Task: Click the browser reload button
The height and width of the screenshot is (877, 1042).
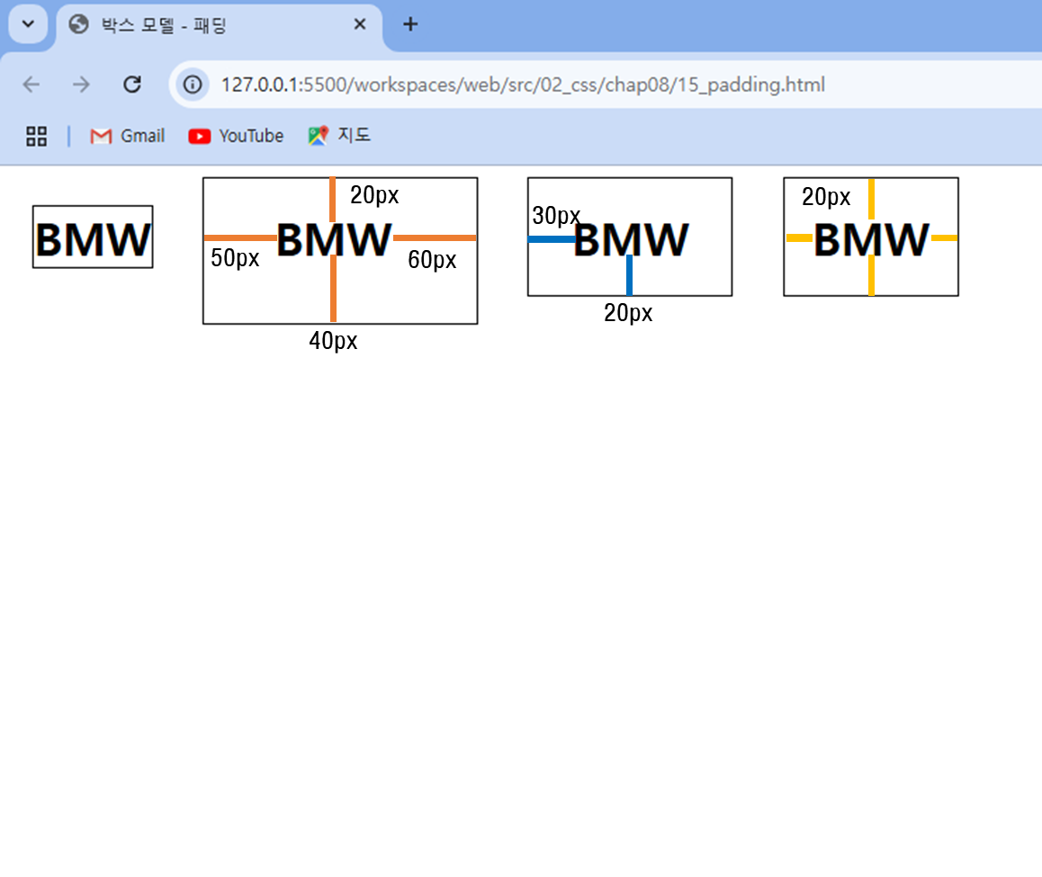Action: pos(132,85)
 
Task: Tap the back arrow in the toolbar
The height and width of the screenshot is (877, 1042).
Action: pos(31,85)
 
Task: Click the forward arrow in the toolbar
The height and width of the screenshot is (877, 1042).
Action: pos(81,85)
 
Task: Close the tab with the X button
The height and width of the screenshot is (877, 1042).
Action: pos(360,24)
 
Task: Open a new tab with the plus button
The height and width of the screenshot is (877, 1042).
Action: pos(410,24)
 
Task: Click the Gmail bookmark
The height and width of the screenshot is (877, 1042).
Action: pos(128,136)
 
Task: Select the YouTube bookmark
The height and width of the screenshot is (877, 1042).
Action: pos(236,136)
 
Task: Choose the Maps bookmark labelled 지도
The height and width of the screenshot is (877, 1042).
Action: pos(339,136)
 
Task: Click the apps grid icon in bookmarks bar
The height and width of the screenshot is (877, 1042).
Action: pos(37,136)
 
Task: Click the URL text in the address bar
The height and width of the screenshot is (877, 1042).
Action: pos(523,85)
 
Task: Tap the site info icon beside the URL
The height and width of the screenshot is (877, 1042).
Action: pos(193,85)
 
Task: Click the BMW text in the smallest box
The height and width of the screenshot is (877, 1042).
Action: pos(93,240)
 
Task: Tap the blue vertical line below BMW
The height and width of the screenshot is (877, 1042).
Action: pos(629,275)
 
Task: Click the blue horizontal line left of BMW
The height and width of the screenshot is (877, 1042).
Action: pos(552,239)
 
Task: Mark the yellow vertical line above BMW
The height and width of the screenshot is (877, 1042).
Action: pos(871,199)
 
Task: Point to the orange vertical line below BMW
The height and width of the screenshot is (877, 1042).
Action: pos(334,289)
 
